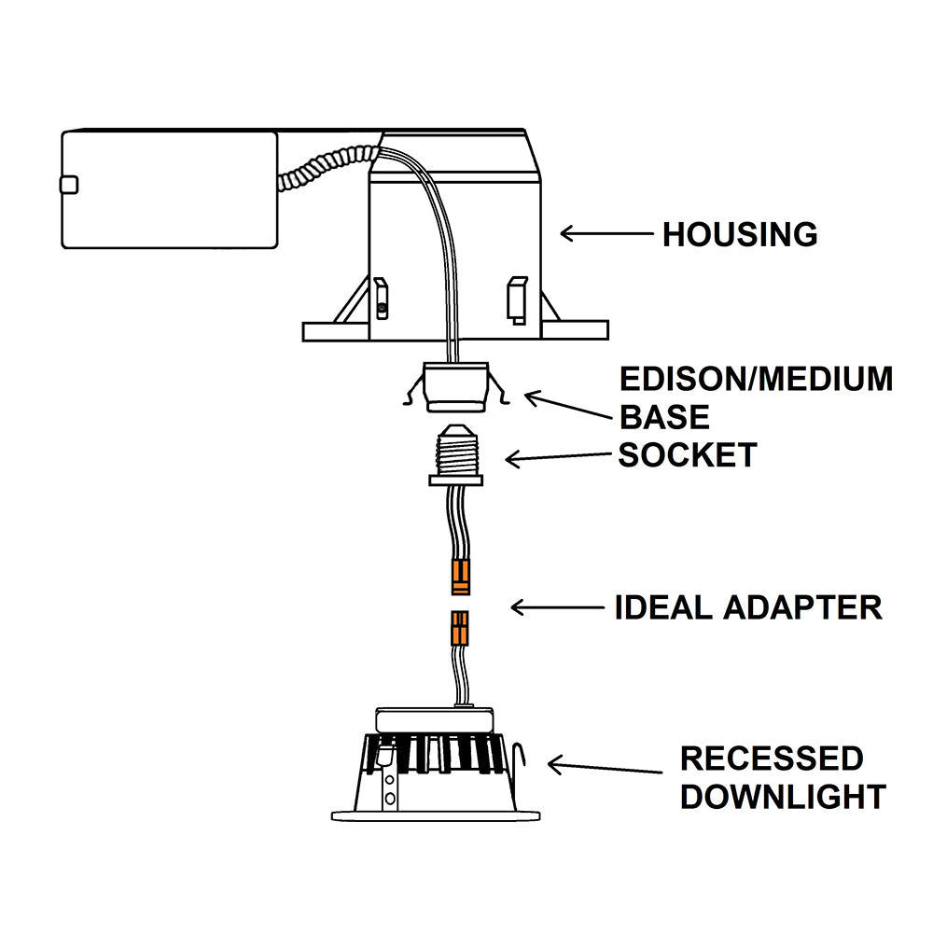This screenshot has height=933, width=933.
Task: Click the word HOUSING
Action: pos(740,234)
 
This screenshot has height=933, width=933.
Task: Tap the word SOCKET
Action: pos(688,455)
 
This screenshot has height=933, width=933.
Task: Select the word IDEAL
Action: pos(663,607)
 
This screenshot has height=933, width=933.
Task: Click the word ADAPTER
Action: pos(802,607)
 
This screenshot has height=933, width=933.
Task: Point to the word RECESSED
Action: pos(772,759)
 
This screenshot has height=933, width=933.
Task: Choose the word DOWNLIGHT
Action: pos(782,797)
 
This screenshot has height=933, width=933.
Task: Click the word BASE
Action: pos(664,416)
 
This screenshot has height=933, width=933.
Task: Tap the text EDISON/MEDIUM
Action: pos(757,379)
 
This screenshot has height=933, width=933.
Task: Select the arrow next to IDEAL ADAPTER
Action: pos(557,608)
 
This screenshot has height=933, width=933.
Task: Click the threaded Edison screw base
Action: pos(458,452)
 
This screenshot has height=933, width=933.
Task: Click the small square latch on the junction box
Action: pos(69,185)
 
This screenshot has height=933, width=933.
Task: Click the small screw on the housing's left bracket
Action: pos(382,308)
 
